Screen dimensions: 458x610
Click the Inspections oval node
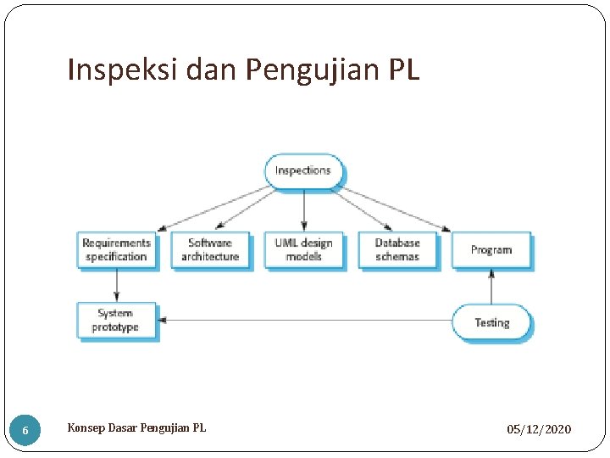click(303, 170)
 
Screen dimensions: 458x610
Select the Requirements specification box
click(116, 250)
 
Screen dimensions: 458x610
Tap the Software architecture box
click(210, 250)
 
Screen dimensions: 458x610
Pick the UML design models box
click(303, 250)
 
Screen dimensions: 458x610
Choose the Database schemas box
click(397, 250)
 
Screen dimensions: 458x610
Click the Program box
click(491, 250)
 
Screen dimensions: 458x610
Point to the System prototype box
click(116, 321)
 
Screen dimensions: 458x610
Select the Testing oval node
click(491, 322)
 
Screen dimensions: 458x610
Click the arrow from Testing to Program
click(491, 288)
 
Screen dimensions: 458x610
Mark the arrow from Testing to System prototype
click(305, 321)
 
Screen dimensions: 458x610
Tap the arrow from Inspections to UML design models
click(304, 209)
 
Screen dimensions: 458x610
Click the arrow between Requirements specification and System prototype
click(116, 285)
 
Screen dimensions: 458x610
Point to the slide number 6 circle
click(25, 431)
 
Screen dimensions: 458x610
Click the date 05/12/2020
click(539, 430)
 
